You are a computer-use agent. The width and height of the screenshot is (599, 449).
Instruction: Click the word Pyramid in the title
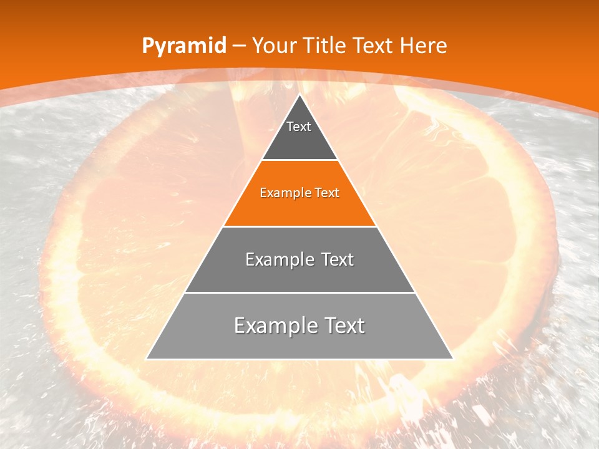pyautogui.click(x=184, y=46)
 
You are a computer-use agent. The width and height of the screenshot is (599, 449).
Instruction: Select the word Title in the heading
pyautogui.click(x=326, y=46)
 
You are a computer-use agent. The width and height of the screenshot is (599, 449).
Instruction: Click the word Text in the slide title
pyautogui.click(x=373, y=46)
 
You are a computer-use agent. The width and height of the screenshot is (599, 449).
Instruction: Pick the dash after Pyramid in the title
pyautogui.click(x=238, y=46)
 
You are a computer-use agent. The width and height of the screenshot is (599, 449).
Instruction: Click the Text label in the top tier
pyautogui.click(x=299, y=127)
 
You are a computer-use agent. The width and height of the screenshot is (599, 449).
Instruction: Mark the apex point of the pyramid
pyautogui.click(x=299, y=95)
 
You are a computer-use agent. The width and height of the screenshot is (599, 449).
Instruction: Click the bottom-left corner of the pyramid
pyautogui.click(x=147, y=359)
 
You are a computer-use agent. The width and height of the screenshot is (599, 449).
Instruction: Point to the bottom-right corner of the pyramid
pyautogui.click(x=452, y=359)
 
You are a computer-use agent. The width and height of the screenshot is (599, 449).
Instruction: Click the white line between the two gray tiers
pyautogui.click(x=299, y=292)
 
